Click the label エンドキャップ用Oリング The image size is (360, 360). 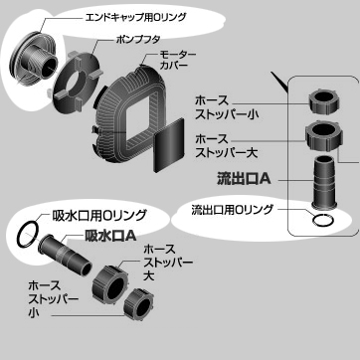tap(136, 17)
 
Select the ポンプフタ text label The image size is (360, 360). tap(138, 39)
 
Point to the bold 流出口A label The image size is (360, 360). tap(244, 180)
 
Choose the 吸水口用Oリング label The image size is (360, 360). tap(99, 216)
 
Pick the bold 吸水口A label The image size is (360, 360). tap(111, 236)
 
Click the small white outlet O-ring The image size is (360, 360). tap(323, 220)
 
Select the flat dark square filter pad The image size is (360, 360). tap(169, 145)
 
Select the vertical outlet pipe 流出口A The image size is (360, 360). tap(325, 182)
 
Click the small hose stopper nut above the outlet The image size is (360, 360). tap(325, 102)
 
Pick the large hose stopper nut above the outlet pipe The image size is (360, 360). tap(324, 135)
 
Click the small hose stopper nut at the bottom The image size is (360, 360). tap(139, 303)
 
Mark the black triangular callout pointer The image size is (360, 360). tap(279, 81)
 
